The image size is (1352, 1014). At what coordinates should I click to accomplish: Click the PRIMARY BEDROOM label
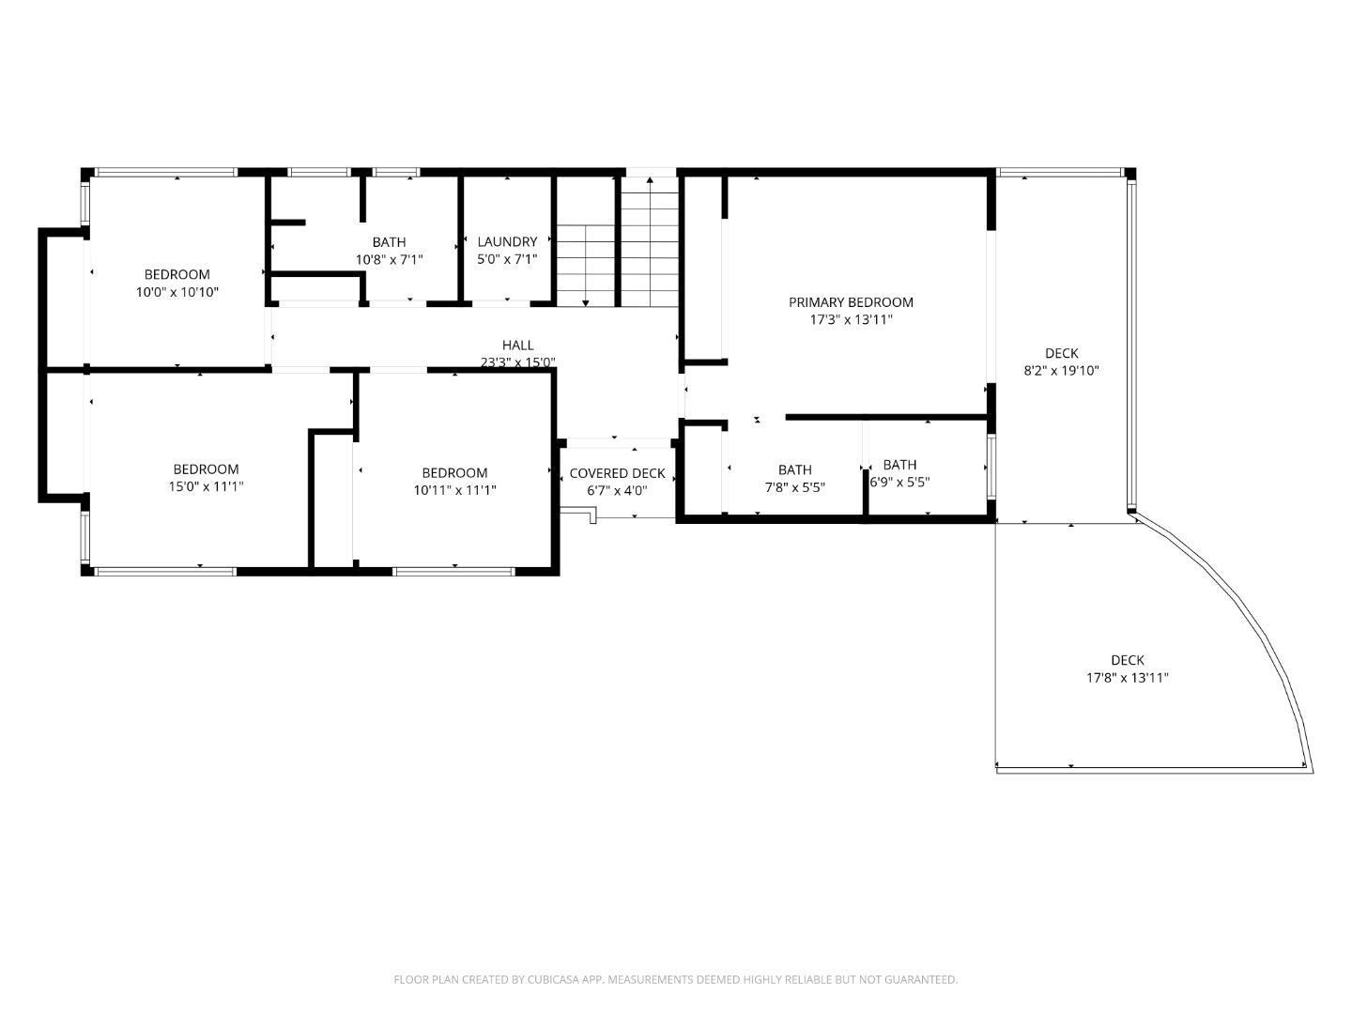[x=851, y=301]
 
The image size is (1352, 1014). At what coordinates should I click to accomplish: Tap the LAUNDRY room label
[x=507, y=241]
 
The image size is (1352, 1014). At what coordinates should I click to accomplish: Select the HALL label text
[x=517, y=345]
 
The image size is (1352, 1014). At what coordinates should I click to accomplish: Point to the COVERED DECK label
[x=617, y=473]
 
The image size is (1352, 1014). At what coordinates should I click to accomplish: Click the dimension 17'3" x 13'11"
[x=851, y=319]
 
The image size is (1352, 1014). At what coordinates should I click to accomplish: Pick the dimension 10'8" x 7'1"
[x=389, y=259]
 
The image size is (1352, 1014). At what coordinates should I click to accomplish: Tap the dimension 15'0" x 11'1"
[x=206, y=486]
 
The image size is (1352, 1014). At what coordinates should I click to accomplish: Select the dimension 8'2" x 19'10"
[x=1061, y=370]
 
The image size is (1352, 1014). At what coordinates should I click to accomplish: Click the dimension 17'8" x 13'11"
[x=1128, y=677]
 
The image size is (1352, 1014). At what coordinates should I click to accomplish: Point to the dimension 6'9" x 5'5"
[x=899, y=482]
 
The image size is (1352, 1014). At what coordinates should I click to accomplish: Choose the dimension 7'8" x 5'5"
[x=794, y=487]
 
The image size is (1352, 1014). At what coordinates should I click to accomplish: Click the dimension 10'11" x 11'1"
[x=454, y=489]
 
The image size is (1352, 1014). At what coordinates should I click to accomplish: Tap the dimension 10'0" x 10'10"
[x=177, y=292]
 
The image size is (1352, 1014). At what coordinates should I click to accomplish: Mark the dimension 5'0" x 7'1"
[x=507, y=258]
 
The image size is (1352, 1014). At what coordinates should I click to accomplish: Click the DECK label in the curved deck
[x=1128, y=660]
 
